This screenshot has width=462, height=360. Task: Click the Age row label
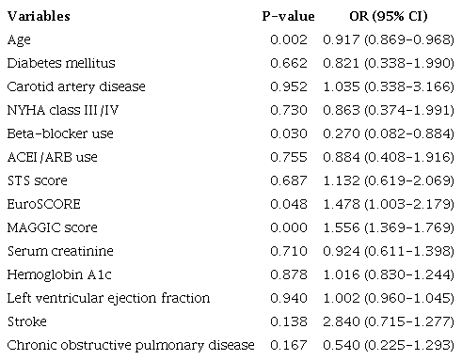point(18,39)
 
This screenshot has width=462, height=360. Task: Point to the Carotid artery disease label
point(76,86)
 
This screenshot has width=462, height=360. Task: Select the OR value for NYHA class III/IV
point(388,110)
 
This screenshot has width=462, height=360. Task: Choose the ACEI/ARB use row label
point(53,157)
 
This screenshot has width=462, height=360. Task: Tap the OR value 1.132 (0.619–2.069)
point(388,180)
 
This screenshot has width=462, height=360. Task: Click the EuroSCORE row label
point(40,204)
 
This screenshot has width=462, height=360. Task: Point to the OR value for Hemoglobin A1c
point(388,274)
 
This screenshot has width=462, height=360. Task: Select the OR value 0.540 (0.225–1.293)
point(388,345)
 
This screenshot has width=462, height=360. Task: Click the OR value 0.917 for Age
point(388,39)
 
